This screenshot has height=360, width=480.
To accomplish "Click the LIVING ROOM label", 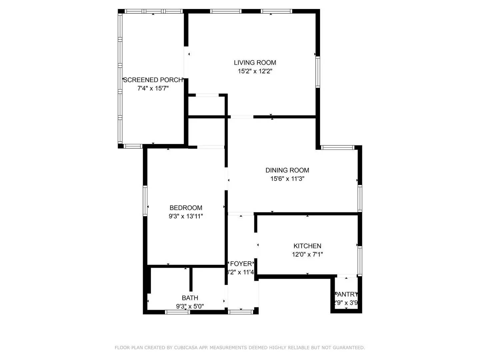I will [255, 63].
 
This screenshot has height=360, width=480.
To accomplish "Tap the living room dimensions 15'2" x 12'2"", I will [255, 71].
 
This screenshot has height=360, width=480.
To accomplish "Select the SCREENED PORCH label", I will [153, 80].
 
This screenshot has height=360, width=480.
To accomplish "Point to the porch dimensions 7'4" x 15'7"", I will [153, 89].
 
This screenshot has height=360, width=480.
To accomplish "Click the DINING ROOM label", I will [287, 170].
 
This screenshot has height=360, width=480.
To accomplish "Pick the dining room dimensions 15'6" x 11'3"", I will [287, 179].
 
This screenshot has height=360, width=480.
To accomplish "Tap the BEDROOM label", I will [186, 208].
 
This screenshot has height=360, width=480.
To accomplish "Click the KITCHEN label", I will [307, 246].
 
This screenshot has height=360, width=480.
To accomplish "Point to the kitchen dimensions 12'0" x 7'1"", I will [307, 255].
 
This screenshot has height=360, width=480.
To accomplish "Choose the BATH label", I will [190, 298].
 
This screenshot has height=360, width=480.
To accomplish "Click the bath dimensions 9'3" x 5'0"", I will [190, 306].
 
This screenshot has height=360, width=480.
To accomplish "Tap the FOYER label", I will [241, 264].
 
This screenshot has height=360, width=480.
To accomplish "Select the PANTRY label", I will [347, 295].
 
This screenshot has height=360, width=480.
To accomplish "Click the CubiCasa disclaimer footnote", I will [240, 348].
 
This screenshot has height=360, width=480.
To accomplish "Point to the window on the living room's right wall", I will [318, 72].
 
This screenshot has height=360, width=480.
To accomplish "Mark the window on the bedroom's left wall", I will [145, 201].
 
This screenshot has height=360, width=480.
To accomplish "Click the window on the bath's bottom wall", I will [178, 312].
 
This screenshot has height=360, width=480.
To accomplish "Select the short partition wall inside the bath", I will [191, 279].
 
